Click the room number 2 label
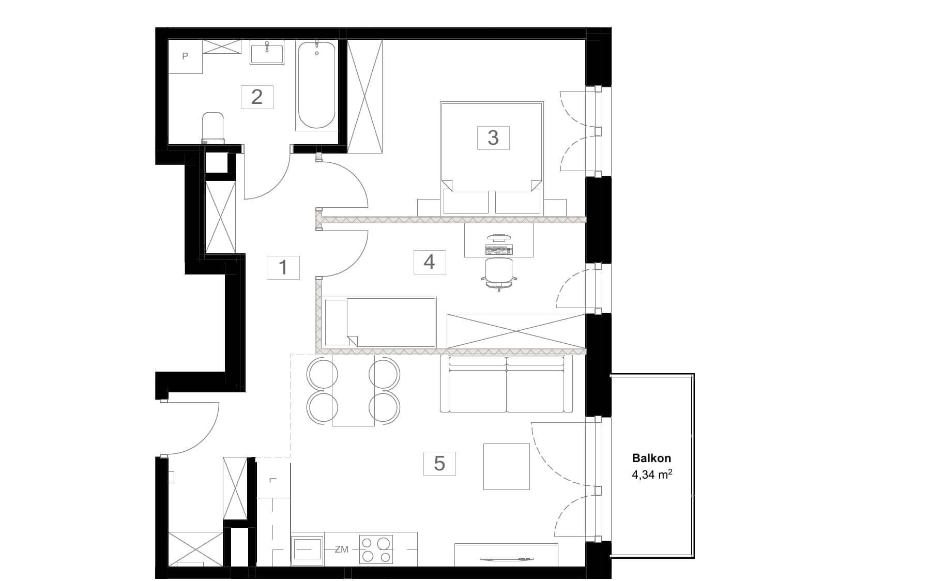pyautogui.click(x=257, y=97)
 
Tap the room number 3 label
pyautogui.click(x=493, y=137)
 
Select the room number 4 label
pyautogui.click(x=429, y=262)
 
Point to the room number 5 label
pyautogui.click(x=439, y=463)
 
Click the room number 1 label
pyautogui.click(x=283, y=267)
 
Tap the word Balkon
pyautogui.click(x=651, y=458)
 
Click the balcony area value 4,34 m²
pyautogui.click(x=651, y=474)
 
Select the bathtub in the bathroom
pyautogui.click(x=316, y=85)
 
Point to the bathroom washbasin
pyautogui.click(x=267, y=53)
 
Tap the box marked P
pyautogui.click(x=185, y=56)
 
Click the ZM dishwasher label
pyautogui.click(x=341, y=549)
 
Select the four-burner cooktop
pyautogui.click(x=376, y=549)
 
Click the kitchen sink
pyautogui.click(x=308, y=549)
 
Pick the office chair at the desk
pyautogui.click(x=499, y=274)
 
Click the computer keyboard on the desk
pyautogui.click(x=499, y=250)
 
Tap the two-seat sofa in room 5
pyautogui.click(x=507, y=384)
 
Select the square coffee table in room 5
pyautogui.click(x=507, y=466)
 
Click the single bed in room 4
pyautogui.click(x=381, y=322)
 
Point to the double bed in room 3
pyautogui.click(x=492, y=158)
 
